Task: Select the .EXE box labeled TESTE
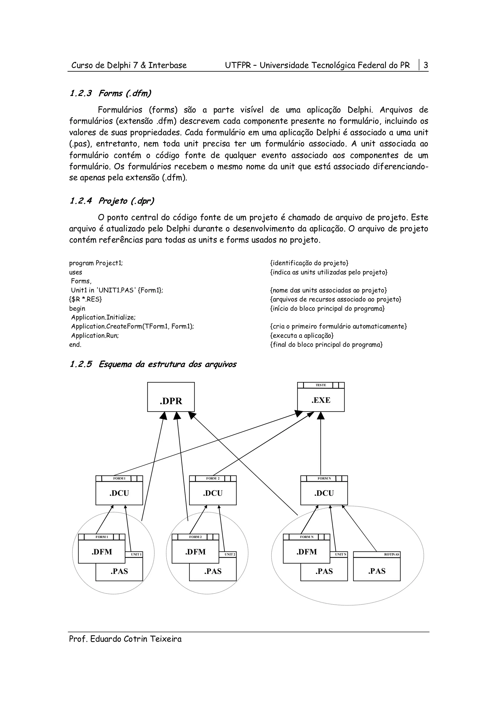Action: pos(321,400)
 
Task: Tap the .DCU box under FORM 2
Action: pos(213,493)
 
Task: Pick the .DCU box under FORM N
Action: pos(324,493)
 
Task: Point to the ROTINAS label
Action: pos(391,555)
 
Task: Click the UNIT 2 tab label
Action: pos(230,555)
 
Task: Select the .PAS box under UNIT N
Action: pos(324,571)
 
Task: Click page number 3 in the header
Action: pos(425,65)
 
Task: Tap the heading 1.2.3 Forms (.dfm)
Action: pos(110,93)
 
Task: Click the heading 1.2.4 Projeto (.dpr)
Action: pos(112,201)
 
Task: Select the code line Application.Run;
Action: pos(95,335)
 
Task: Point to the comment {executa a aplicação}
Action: pos(302,335)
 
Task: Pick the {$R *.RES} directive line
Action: pos(85,299)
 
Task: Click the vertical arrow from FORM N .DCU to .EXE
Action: pos(321,447)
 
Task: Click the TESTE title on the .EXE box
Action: pos(321,385)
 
